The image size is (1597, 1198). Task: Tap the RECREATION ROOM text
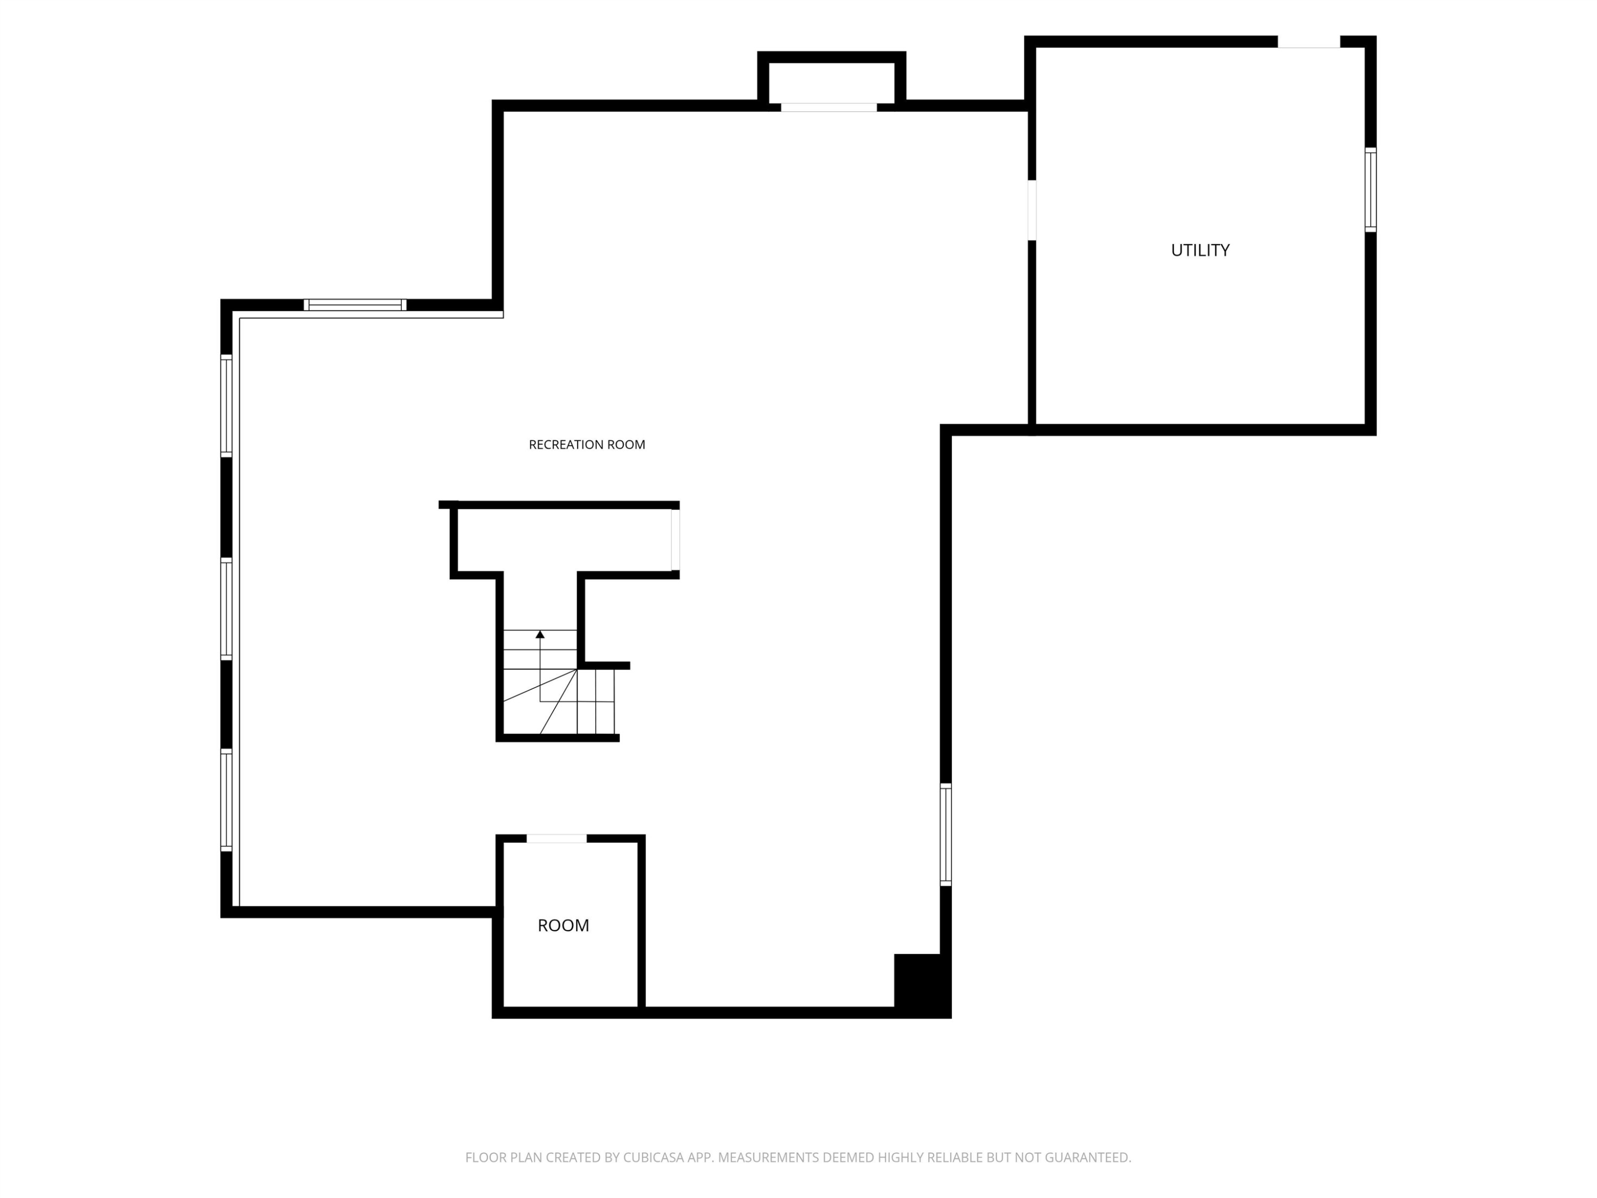[587, 445]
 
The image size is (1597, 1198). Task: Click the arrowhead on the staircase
[540, 634]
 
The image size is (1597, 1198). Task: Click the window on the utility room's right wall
[1370, 190]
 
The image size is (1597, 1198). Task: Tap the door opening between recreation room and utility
[1032, 210]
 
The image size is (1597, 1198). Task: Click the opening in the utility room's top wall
[1309, 42]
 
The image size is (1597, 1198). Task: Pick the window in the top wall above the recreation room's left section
[355, 305]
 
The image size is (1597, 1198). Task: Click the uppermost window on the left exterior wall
[226, 405]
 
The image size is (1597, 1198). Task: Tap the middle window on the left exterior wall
[226, 609]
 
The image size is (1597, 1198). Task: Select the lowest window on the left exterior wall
[226, 800]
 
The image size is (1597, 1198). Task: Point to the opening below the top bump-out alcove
[829, 108]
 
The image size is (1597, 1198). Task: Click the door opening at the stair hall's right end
[675, 540]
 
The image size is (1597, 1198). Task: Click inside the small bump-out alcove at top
[832, 83]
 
